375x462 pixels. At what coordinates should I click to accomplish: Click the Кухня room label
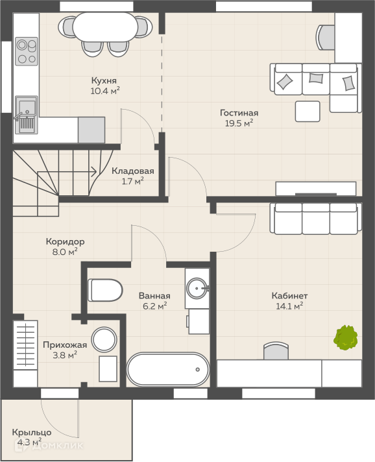[x=104, y=80]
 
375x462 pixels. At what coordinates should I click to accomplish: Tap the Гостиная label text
[x=239, y=113]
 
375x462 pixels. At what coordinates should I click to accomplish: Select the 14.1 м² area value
[x=289, y=306]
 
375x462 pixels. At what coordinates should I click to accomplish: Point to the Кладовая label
[x=133, y=171]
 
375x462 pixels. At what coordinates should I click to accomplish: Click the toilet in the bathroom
[x=105, y=290]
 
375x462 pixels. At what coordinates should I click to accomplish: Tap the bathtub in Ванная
[x=168, y=369]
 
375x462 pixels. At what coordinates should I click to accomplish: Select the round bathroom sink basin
[x=197, y=288]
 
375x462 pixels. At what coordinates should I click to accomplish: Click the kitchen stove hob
[x=27, y=51]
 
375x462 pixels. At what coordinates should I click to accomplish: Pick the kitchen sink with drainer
[x=26, y=115]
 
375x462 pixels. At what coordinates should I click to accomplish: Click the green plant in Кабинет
[x=346, y=337]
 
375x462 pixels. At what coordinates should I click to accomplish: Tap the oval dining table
[x=106, y=27]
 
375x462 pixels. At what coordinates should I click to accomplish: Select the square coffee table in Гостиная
[x=308, y=111]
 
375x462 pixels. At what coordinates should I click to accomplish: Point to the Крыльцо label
[x=32, y=433]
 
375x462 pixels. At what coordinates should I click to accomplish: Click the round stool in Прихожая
[x=104, y=339]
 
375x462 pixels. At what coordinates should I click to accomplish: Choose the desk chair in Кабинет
[x=276, y=350]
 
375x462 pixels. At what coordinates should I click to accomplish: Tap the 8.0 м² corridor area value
[x=65, y=252]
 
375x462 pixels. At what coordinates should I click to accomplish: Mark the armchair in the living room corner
[x=326, y=37]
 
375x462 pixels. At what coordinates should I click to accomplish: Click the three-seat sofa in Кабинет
[x=316, y=218]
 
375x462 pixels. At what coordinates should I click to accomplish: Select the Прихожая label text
[x=65, y=345]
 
